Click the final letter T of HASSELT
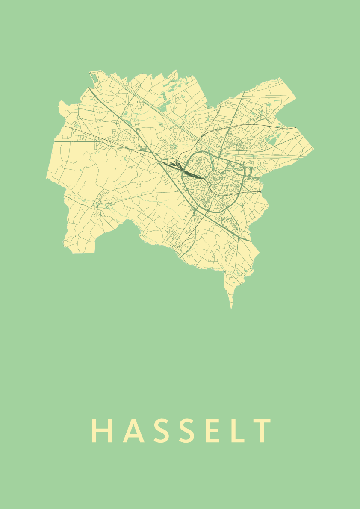click(x=262, y=431)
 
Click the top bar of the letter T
click(x=262, y=421)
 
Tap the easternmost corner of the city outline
click(x=313, y=149)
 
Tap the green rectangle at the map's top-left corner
click(x=93, y=77)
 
